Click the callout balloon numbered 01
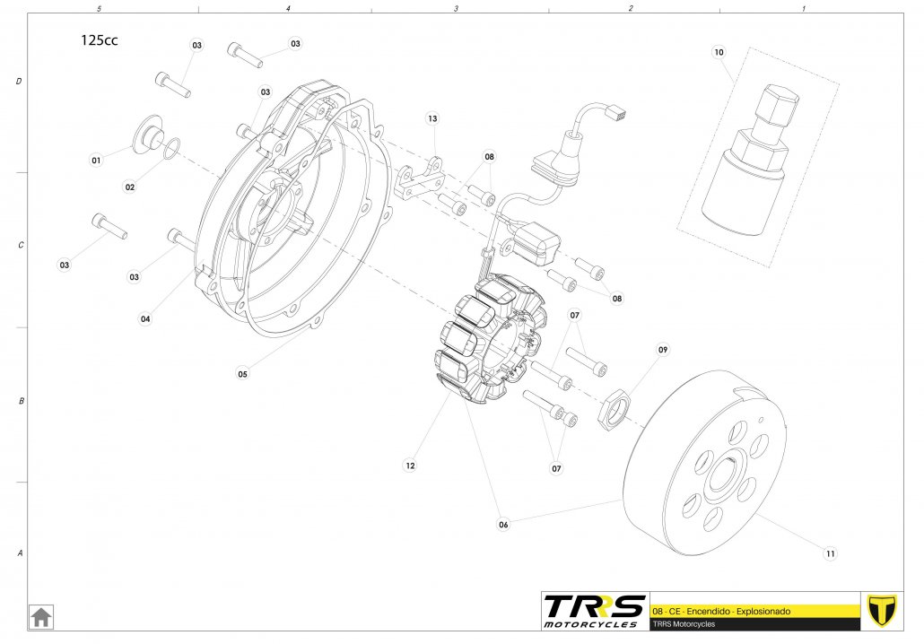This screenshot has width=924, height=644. [96, 160]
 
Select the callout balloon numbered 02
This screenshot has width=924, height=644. [130, 187]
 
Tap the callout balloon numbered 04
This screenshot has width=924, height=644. [145, 318]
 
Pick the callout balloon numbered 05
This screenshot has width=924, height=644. [242, 374]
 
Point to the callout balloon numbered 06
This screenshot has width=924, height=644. [503, 525]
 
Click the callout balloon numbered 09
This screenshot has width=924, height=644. [663, 349]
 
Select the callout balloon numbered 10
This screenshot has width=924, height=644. [718, 53]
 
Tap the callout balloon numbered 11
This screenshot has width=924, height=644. [831, 553]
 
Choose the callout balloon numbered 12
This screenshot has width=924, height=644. [410, 466]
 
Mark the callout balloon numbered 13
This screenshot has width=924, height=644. [432, 118]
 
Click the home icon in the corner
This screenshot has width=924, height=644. [41, 617]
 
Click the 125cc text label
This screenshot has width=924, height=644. [98, 40]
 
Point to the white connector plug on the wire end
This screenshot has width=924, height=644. [616, 114]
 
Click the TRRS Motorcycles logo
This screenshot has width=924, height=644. [594, 610]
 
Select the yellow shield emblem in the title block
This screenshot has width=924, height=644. [882, 610]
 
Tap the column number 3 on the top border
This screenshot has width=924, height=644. [456, 8]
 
